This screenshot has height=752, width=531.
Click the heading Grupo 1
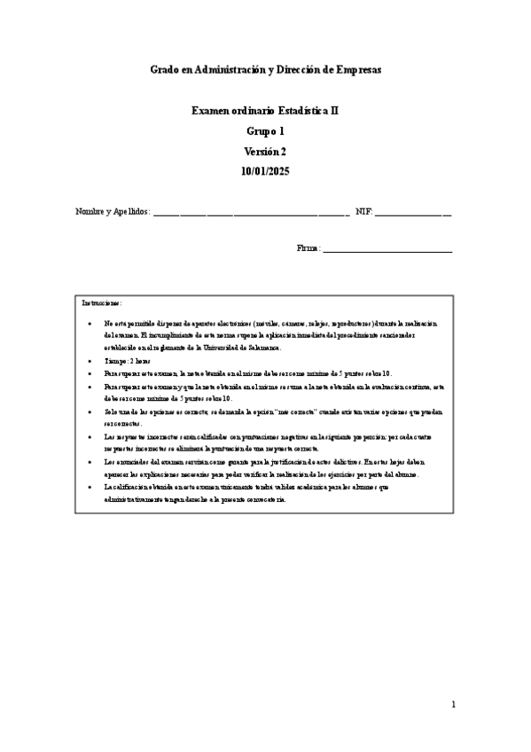click(x=265, y=131)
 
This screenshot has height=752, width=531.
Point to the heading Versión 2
click(x=265, y=152)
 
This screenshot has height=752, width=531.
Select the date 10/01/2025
click(x=265, y=172)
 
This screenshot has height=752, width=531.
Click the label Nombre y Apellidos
click(x=113, y=213)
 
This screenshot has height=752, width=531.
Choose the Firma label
click(x=308, y=248)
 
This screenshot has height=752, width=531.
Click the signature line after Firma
click(x=387, y=250)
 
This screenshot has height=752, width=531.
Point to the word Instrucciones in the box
click(x=102, y=303)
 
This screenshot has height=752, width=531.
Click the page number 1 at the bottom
click(x=453, y=705)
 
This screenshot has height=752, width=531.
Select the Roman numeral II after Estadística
click(x=332, y=111)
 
